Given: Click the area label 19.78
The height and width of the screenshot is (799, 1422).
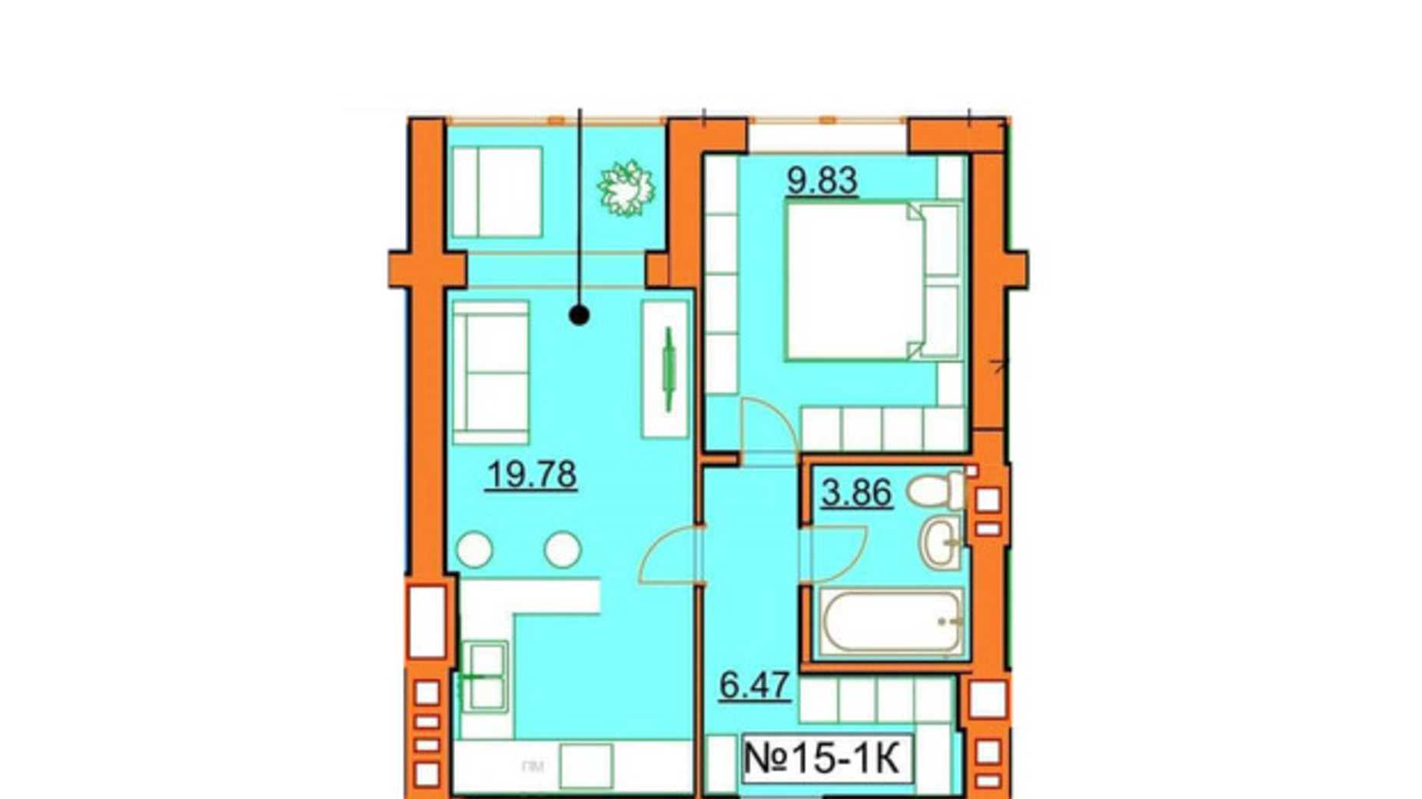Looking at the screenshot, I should [x=531, y=475].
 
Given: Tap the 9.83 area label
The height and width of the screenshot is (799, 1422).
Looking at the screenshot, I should [x=822, y=181].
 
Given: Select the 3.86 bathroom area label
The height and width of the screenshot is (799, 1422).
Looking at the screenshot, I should [x=856, y=492].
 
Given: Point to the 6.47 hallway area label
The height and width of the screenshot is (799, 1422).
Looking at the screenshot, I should [x=755, y=685].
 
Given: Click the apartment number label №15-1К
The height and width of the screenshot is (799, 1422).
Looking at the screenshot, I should [x=822, y=759].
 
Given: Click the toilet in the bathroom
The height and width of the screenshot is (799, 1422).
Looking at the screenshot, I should [x=936, y=490].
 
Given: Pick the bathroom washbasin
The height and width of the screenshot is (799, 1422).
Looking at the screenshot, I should [x=940, y=542].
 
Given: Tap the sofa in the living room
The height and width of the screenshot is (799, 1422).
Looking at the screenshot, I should [x=490, y=372].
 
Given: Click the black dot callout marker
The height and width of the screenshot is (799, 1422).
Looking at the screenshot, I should [x=580, y=315].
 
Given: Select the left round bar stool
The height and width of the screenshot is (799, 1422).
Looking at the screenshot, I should [x=474, y=550].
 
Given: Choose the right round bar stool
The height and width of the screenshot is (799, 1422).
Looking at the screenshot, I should [x=563, y=550].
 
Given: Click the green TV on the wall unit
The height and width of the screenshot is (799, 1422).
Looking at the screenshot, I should [x=669, y=370].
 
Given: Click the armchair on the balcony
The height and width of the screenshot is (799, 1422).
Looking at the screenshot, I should [x=497, y=192].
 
